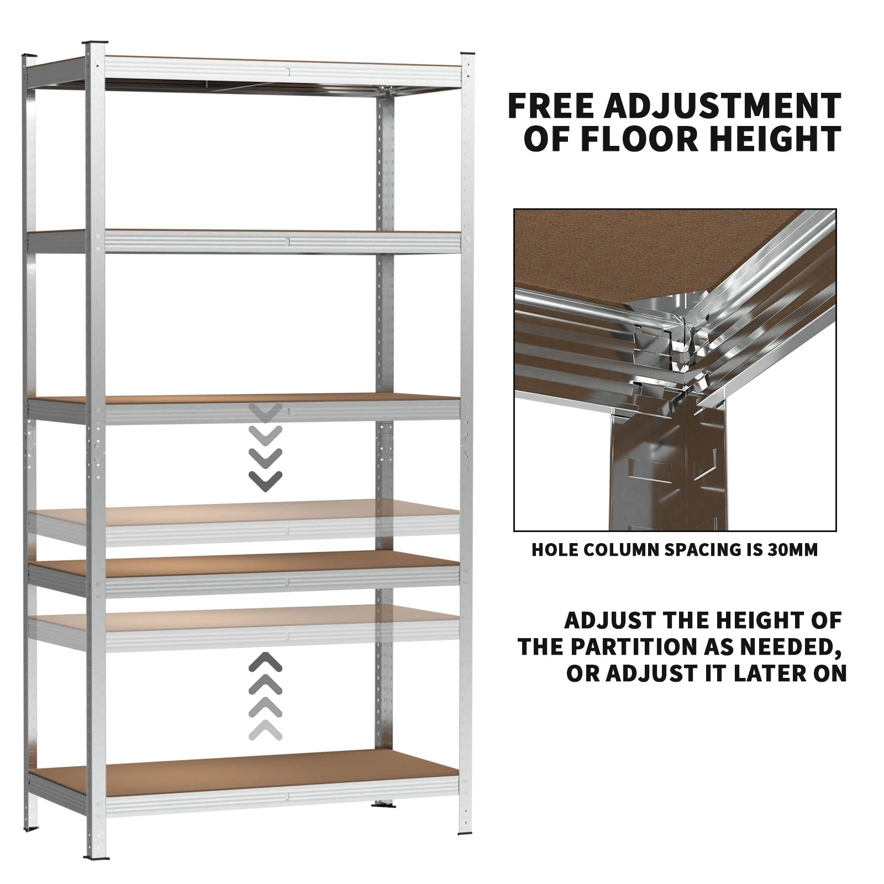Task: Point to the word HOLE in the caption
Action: coord(555,550)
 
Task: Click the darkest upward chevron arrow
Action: coord(266,661)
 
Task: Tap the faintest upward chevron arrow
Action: coord(266,730)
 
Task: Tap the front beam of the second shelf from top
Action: coord(282,241)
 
